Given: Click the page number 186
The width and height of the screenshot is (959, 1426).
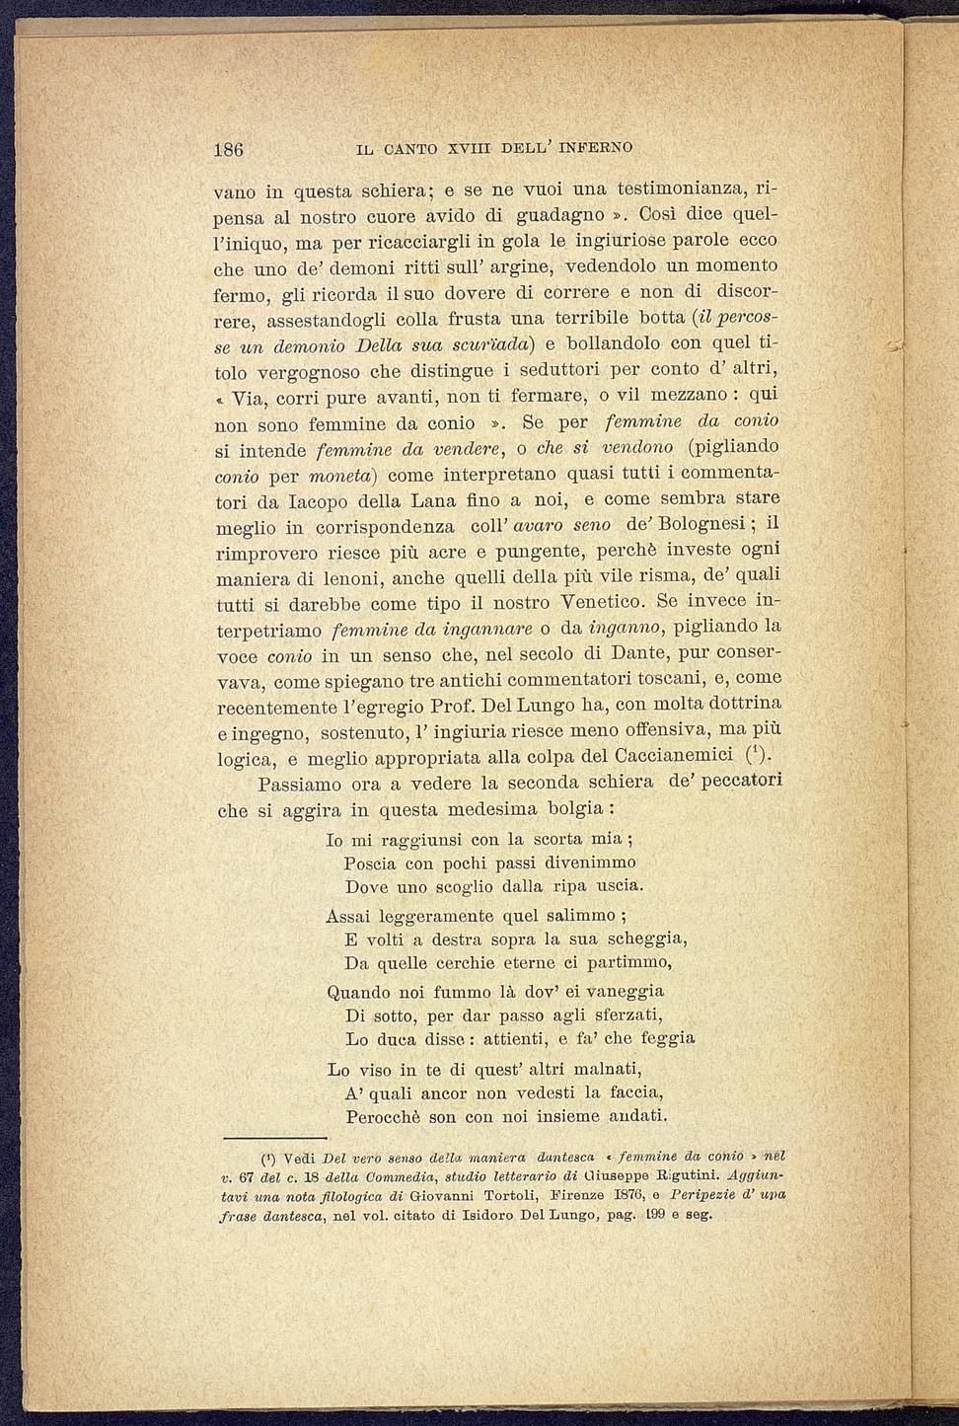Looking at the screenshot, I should click(x=229, y=150).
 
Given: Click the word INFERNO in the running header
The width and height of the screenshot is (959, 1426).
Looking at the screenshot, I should click(x=595, y=149).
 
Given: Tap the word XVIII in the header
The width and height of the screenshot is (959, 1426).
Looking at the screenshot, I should click(x=470, y=149).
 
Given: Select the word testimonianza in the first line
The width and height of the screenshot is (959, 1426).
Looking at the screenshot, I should click(x=680, y=188).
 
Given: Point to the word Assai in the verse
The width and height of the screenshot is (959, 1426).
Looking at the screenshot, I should click(x=348, y=916).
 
